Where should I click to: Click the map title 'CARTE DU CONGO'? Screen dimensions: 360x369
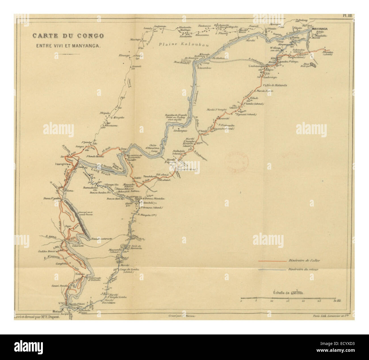(x=68, y=36)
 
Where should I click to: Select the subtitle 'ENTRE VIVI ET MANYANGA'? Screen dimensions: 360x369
(x=68, y=45)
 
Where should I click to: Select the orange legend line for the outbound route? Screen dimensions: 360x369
(x=271, y=261)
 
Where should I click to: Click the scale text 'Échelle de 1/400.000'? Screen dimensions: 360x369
(x=287, y=292)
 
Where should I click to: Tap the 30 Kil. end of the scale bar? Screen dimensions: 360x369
(x=335, y=303)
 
